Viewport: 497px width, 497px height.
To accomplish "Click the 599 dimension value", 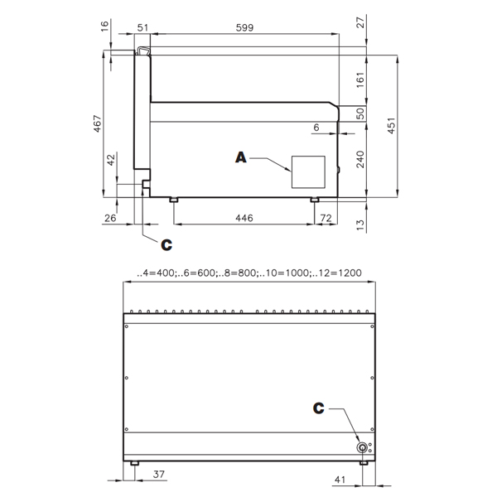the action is (244, 28).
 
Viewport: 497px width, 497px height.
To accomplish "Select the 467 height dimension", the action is (98, 123).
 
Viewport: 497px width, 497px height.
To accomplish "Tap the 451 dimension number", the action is (392, 126).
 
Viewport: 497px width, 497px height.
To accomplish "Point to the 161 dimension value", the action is (360, 80).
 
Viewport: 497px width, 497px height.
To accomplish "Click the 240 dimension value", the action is (360, 159).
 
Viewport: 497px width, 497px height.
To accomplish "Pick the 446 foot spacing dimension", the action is (244, 218).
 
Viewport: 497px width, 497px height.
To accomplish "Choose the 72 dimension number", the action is (326, 218).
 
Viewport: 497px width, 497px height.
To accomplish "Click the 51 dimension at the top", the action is (142, 28).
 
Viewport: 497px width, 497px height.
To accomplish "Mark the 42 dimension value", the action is (111, 160).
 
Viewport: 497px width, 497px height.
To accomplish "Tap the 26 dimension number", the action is (110, 218).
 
